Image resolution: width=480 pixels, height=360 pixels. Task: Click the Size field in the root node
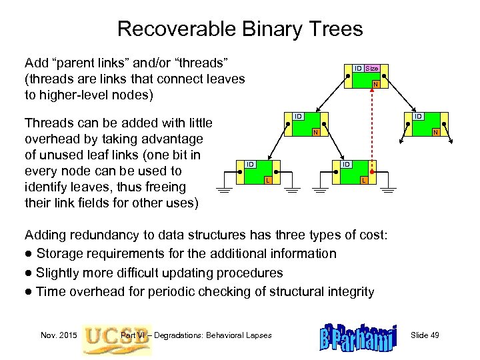coord(371,68)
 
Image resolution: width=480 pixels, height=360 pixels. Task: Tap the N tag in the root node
coord(375,84)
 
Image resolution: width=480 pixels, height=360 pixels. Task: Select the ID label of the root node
coord(358,68)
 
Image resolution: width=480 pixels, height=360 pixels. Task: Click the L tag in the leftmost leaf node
coord(267,181)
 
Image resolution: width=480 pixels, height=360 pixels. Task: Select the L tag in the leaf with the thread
coord(363,181)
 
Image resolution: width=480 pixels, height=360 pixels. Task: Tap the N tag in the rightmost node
coord(434,132)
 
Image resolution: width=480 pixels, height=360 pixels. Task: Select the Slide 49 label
coord(425,335)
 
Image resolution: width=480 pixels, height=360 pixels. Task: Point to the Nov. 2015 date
coord(58,335)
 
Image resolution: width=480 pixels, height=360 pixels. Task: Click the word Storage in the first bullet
coord(59,253)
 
